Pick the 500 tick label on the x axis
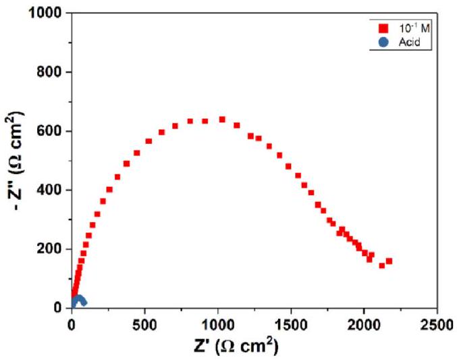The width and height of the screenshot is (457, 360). (x=145, y=323)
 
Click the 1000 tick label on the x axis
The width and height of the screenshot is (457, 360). (x=217, y=323)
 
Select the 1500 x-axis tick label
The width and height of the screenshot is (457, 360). (x=291, y=323)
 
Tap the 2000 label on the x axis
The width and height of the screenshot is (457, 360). (x=364, y=323)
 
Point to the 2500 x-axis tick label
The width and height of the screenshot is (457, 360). (x=437, y=323)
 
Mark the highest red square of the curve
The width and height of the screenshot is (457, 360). (x=222, y=120)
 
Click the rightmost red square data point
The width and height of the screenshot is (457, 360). (x=389, y=261)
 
